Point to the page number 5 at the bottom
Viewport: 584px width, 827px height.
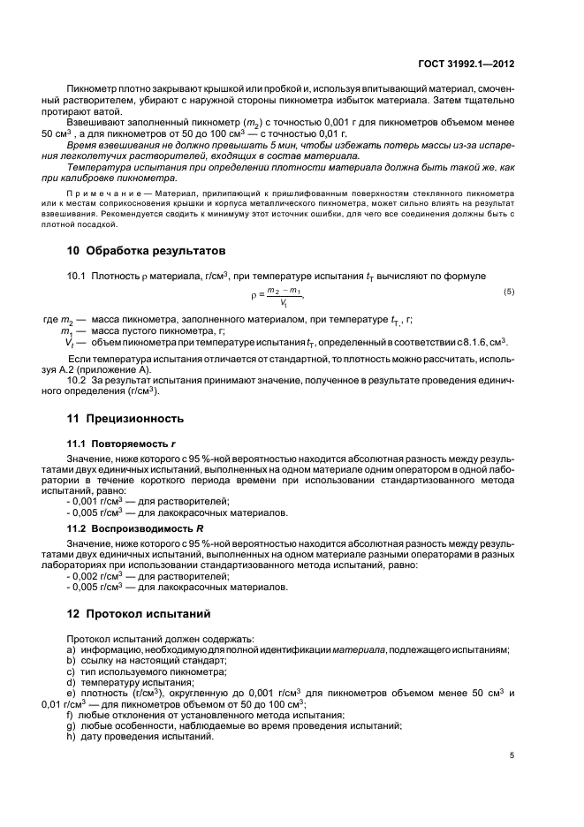[512, 756]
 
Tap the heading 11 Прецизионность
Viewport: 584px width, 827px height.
[126, 418]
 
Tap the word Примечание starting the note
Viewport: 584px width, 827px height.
[96, 192]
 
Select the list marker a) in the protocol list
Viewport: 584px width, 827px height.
[71, 649]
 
